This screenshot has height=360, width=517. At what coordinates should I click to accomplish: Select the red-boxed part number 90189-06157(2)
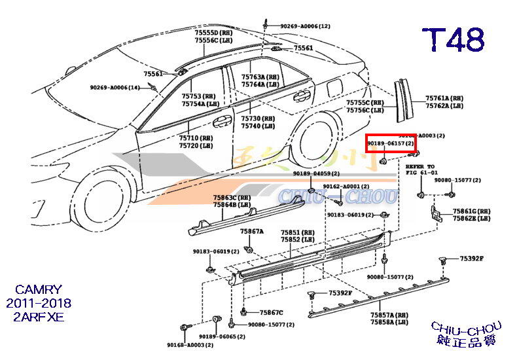[390, 143]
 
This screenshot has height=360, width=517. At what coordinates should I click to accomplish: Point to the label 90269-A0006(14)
[115, 88]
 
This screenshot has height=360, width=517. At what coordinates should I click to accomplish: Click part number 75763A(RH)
[260, 77]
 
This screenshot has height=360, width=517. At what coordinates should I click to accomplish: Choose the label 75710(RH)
[196, 138]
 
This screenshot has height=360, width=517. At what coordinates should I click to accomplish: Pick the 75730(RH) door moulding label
[258, 118]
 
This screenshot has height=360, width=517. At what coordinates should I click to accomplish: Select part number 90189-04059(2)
[316, 173]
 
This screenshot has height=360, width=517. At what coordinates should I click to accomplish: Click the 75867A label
[251, 232]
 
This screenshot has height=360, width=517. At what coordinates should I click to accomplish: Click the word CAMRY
[39, 289]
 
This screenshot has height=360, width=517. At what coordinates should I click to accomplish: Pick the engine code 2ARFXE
[39, 317]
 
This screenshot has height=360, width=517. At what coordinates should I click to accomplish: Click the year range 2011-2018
[39, 303]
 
